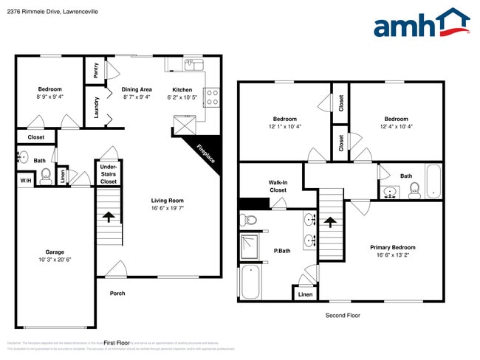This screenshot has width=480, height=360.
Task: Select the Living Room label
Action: (168, 200)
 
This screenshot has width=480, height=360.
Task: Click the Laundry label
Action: (97, 108)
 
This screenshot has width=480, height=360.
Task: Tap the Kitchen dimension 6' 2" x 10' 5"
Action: (182, 97)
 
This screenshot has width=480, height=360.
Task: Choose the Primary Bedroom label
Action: (392, 248)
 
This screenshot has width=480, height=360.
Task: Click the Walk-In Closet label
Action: (278, 185)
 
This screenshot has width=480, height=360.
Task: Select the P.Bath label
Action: (281, 251)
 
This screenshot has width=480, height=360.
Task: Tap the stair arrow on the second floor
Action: (330, 221)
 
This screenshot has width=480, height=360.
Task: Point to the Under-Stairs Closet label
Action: (109, 175)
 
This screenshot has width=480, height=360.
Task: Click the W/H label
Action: (25, 181)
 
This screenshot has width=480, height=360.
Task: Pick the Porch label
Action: (117, 293)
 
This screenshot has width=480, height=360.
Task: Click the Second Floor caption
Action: (343, 315)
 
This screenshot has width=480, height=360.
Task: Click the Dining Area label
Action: (137, 89)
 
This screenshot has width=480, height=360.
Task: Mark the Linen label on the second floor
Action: (305, 294)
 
